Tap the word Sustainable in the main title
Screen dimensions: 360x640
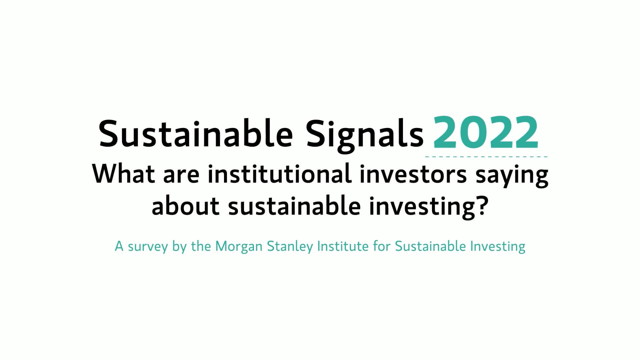click(x=196, y=133)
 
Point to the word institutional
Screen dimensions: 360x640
click(x=279, y=174)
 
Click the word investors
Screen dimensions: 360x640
click(x=413, y=174)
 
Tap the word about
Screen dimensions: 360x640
click(x=186, y=206)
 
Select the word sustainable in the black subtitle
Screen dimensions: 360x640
click(x=294, y=206)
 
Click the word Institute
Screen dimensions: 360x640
click(x=342, y=246)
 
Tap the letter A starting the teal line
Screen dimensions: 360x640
click(x=119, y=246)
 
